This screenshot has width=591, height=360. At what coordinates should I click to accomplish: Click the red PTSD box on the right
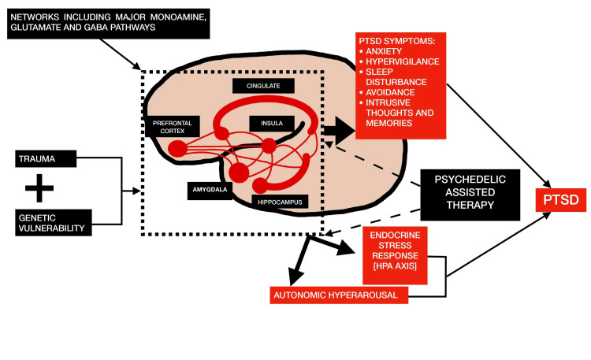click(x=563, y=200)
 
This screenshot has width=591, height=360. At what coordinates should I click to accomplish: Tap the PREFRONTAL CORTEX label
click(x=172, y=126)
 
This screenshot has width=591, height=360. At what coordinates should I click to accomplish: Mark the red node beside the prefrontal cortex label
click(x=178, y=147)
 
